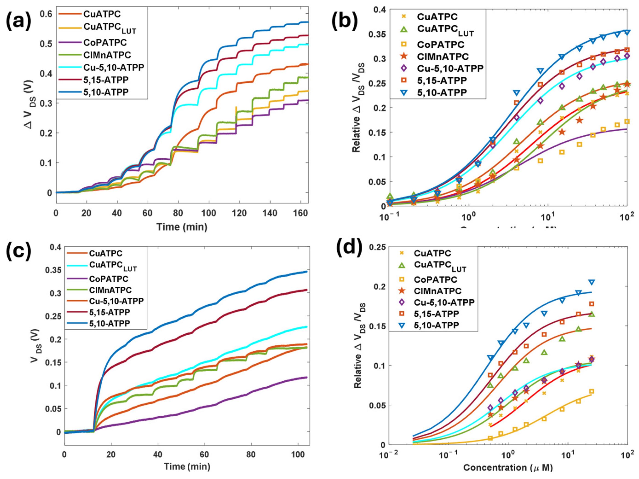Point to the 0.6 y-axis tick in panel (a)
pos(46,14)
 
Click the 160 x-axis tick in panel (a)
pos(301,213)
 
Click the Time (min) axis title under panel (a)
pos(182,227)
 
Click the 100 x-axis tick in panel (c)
pos(298,455)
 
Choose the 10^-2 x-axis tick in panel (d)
pos(388,456)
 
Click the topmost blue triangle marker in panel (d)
pos(591,282)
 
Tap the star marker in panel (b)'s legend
pos(404,56)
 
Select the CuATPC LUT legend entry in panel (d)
pos(440,266)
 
